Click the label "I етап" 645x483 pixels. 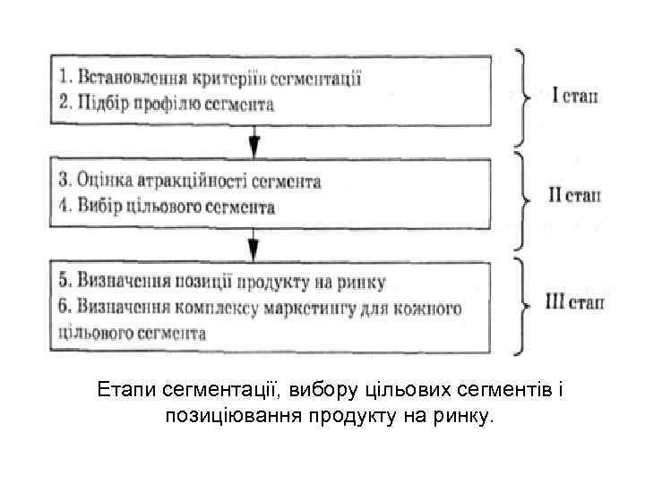pos(574,95)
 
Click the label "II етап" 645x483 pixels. pos(573,195)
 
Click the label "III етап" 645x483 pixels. pos(574,302)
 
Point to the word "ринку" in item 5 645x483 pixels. pos(364,283)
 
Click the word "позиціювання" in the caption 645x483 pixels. pos(237,415)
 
